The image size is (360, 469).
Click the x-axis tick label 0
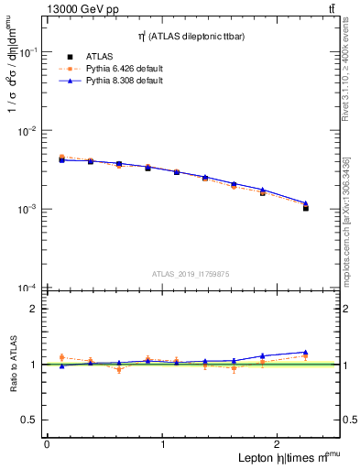tap(47, 444)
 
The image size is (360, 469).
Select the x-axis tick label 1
tap(163, 444)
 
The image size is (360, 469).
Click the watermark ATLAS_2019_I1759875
tap(191, 273)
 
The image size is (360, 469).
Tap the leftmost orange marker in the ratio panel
tap(61, 357)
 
